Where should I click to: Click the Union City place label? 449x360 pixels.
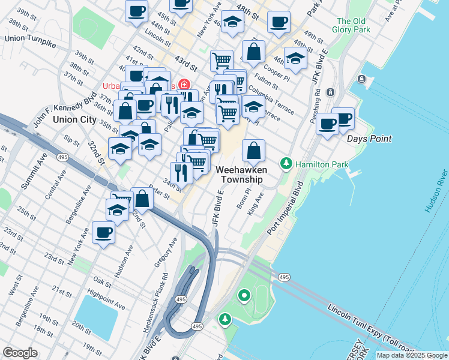pos(74,119)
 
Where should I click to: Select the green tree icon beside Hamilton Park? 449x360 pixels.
pos(286,163)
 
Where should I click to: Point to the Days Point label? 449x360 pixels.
pos(369,139)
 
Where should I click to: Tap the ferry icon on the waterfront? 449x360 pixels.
pos(361,79)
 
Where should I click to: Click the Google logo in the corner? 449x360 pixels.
pos(20,353)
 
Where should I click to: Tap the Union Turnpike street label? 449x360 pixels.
pos(30,38)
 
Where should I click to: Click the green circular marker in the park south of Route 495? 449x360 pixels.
pos(244,295)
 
